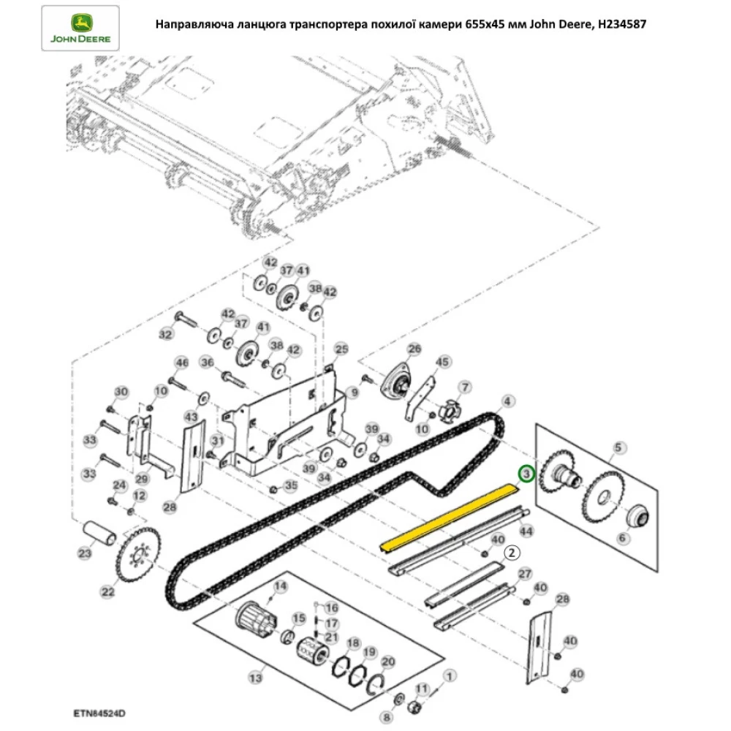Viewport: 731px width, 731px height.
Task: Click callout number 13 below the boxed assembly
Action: (254, 678)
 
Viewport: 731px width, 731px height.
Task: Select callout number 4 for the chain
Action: (507, 401)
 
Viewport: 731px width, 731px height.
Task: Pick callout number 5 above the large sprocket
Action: (618, 447)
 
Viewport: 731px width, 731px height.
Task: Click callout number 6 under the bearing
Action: (623, 538)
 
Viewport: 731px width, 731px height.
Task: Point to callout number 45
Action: (441, 363)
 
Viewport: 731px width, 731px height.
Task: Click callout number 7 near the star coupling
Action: (463, 386)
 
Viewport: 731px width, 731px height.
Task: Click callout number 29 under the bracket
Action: (141, 478)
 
